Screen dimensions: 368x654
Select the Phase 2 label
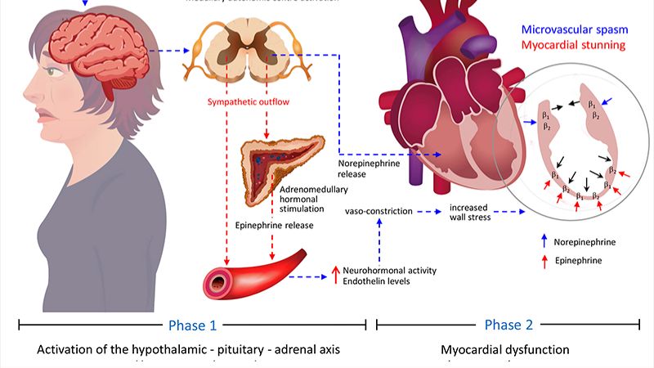[x=508, y=325]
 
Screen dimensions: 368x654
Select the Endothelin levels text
[x=377, y=282]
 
